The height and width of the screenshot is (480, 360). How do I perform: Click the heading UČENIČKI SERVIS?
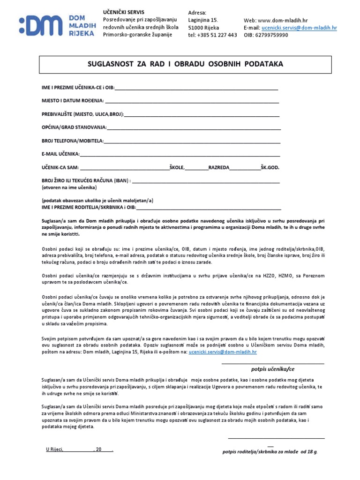point(124,12)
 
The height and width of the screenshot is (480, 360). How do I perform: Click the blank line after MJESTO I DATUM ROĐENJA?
point(192,101)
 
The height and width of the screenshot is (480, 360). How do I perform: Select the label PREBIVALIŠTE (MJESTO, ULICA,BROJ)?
point(82,114)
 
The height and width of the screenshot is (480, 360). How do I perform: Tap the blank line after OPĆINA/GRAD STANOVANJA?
point(194,127)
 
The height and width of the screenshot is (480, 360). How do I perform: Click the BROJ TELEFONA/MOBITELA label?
point(73,141)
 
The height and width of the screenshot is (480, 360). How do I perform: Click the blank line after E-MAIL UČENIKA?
point(180,154)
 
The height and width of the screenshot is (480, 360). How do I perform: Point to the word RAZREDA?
point(219,167)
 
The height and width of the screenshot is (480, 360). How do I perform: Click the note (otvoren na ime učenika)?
point(69,187)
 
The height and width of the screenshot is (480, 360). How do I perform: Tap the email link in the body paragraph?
point(223,351)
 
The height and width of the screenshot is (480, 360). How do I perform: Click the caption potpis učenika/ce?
point(273,369)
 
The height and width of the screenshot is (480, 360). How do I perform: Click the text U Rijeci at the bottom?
point(54,449)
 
